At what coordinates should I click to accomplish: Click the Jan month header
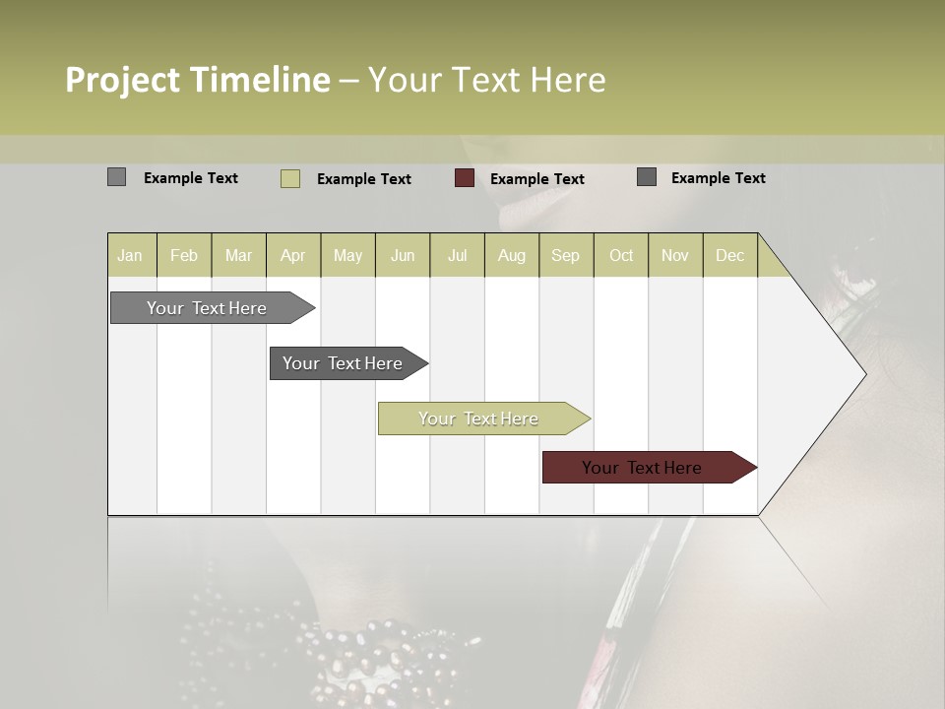point(130,255)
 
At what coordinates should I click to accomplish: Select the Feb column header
point(184,255)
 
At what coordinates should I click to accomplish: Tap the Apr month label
point(293,255)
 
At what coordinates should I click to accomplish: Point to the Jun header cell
point(403,255)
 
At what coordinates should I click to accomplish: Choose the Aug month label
point(512,255)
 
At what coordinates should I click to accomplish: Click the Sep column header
point(565,255)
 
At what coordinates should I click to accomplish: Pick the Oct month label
point(621,255)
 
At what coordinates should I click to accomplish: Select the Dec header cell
point(729,255)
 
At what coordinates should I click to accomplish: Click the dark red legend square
point(465,178)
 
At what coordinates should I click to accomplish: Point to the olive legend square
point(290,178)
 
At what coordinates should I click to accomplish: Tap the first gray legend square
point(116,177)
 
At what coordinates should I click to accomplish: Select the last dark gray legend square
point(647,177)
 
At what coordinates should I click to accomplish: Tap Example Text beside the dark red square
point(536,179)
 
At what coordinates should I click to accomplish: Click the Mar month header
point(238,255)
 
